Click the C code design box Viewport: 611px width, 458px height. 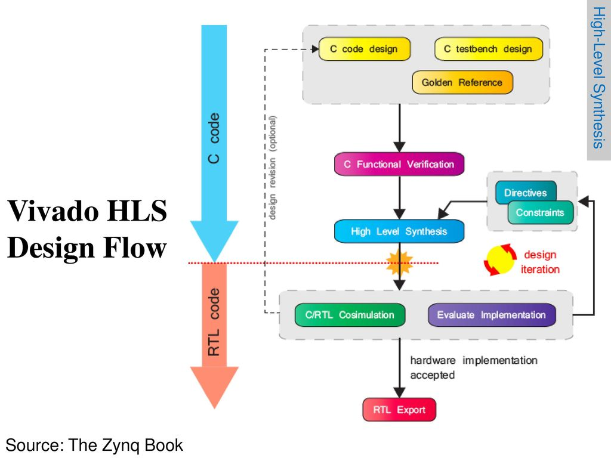[365, 49]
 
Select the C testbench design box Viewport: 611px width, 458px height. [488, 49]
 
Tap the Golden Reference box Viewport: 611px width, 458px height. [462, 82]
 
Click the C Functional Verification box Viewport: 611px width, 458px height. [399, 164]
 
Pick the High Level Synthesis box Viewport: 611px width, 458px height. [399, 231]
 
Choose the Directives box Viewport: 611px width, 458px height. [525, 193]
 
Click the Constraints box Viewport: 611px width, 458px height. [540, 213]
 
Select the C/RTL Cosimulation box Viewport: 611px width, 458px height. [350, 315]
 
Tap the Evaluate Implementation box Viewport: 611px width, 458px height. [491, 315]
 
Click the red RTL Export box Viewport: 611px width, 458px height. [399, 410]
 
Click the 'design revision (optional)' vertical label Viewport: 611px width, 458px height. [273, 168]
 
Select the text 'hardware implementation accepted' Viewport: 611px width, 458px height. [473, 367]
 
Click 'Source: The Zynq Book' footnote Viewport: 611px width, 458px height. [94, 445]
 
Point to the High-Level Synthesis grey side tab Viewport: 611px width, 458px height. [598, 78]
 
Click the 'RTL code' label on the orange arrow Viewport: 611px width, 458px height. [214, 322]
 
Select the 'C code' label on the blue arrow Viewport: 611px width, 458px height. [214, 138]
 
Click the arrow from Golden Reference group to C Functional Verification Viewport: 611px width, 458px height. [399, 128]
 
